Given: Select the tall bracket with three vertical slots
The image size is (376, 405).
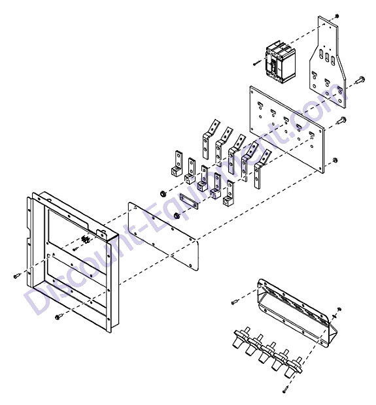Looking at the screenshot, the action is [x=327, y=62].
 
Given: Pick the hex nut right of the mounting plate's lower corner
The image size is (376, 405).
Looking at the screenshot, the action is [x=335, y=160].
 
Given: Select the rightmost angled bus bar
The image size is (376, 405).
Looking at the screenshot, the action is [x=262, y=168].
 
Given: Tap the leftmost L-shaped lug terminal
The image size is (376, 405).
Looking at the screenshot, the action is [x=177, y=164].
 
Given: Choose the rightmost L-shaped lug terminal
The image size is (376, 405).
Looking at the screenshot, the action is [x=229, y=193].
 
